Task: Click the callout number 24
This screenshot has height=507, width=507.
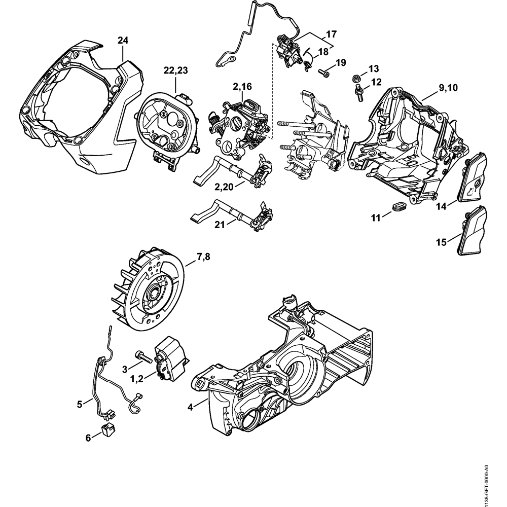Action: click(x=123, y=40)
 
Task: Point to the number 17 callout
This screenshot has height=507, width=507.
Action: click(x=331, y=34)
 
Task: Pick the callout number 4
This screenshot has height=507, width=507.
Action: click(x=190, y=407)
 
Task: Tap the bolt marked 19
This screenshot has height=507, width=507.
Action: click(x=323, y=73)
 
